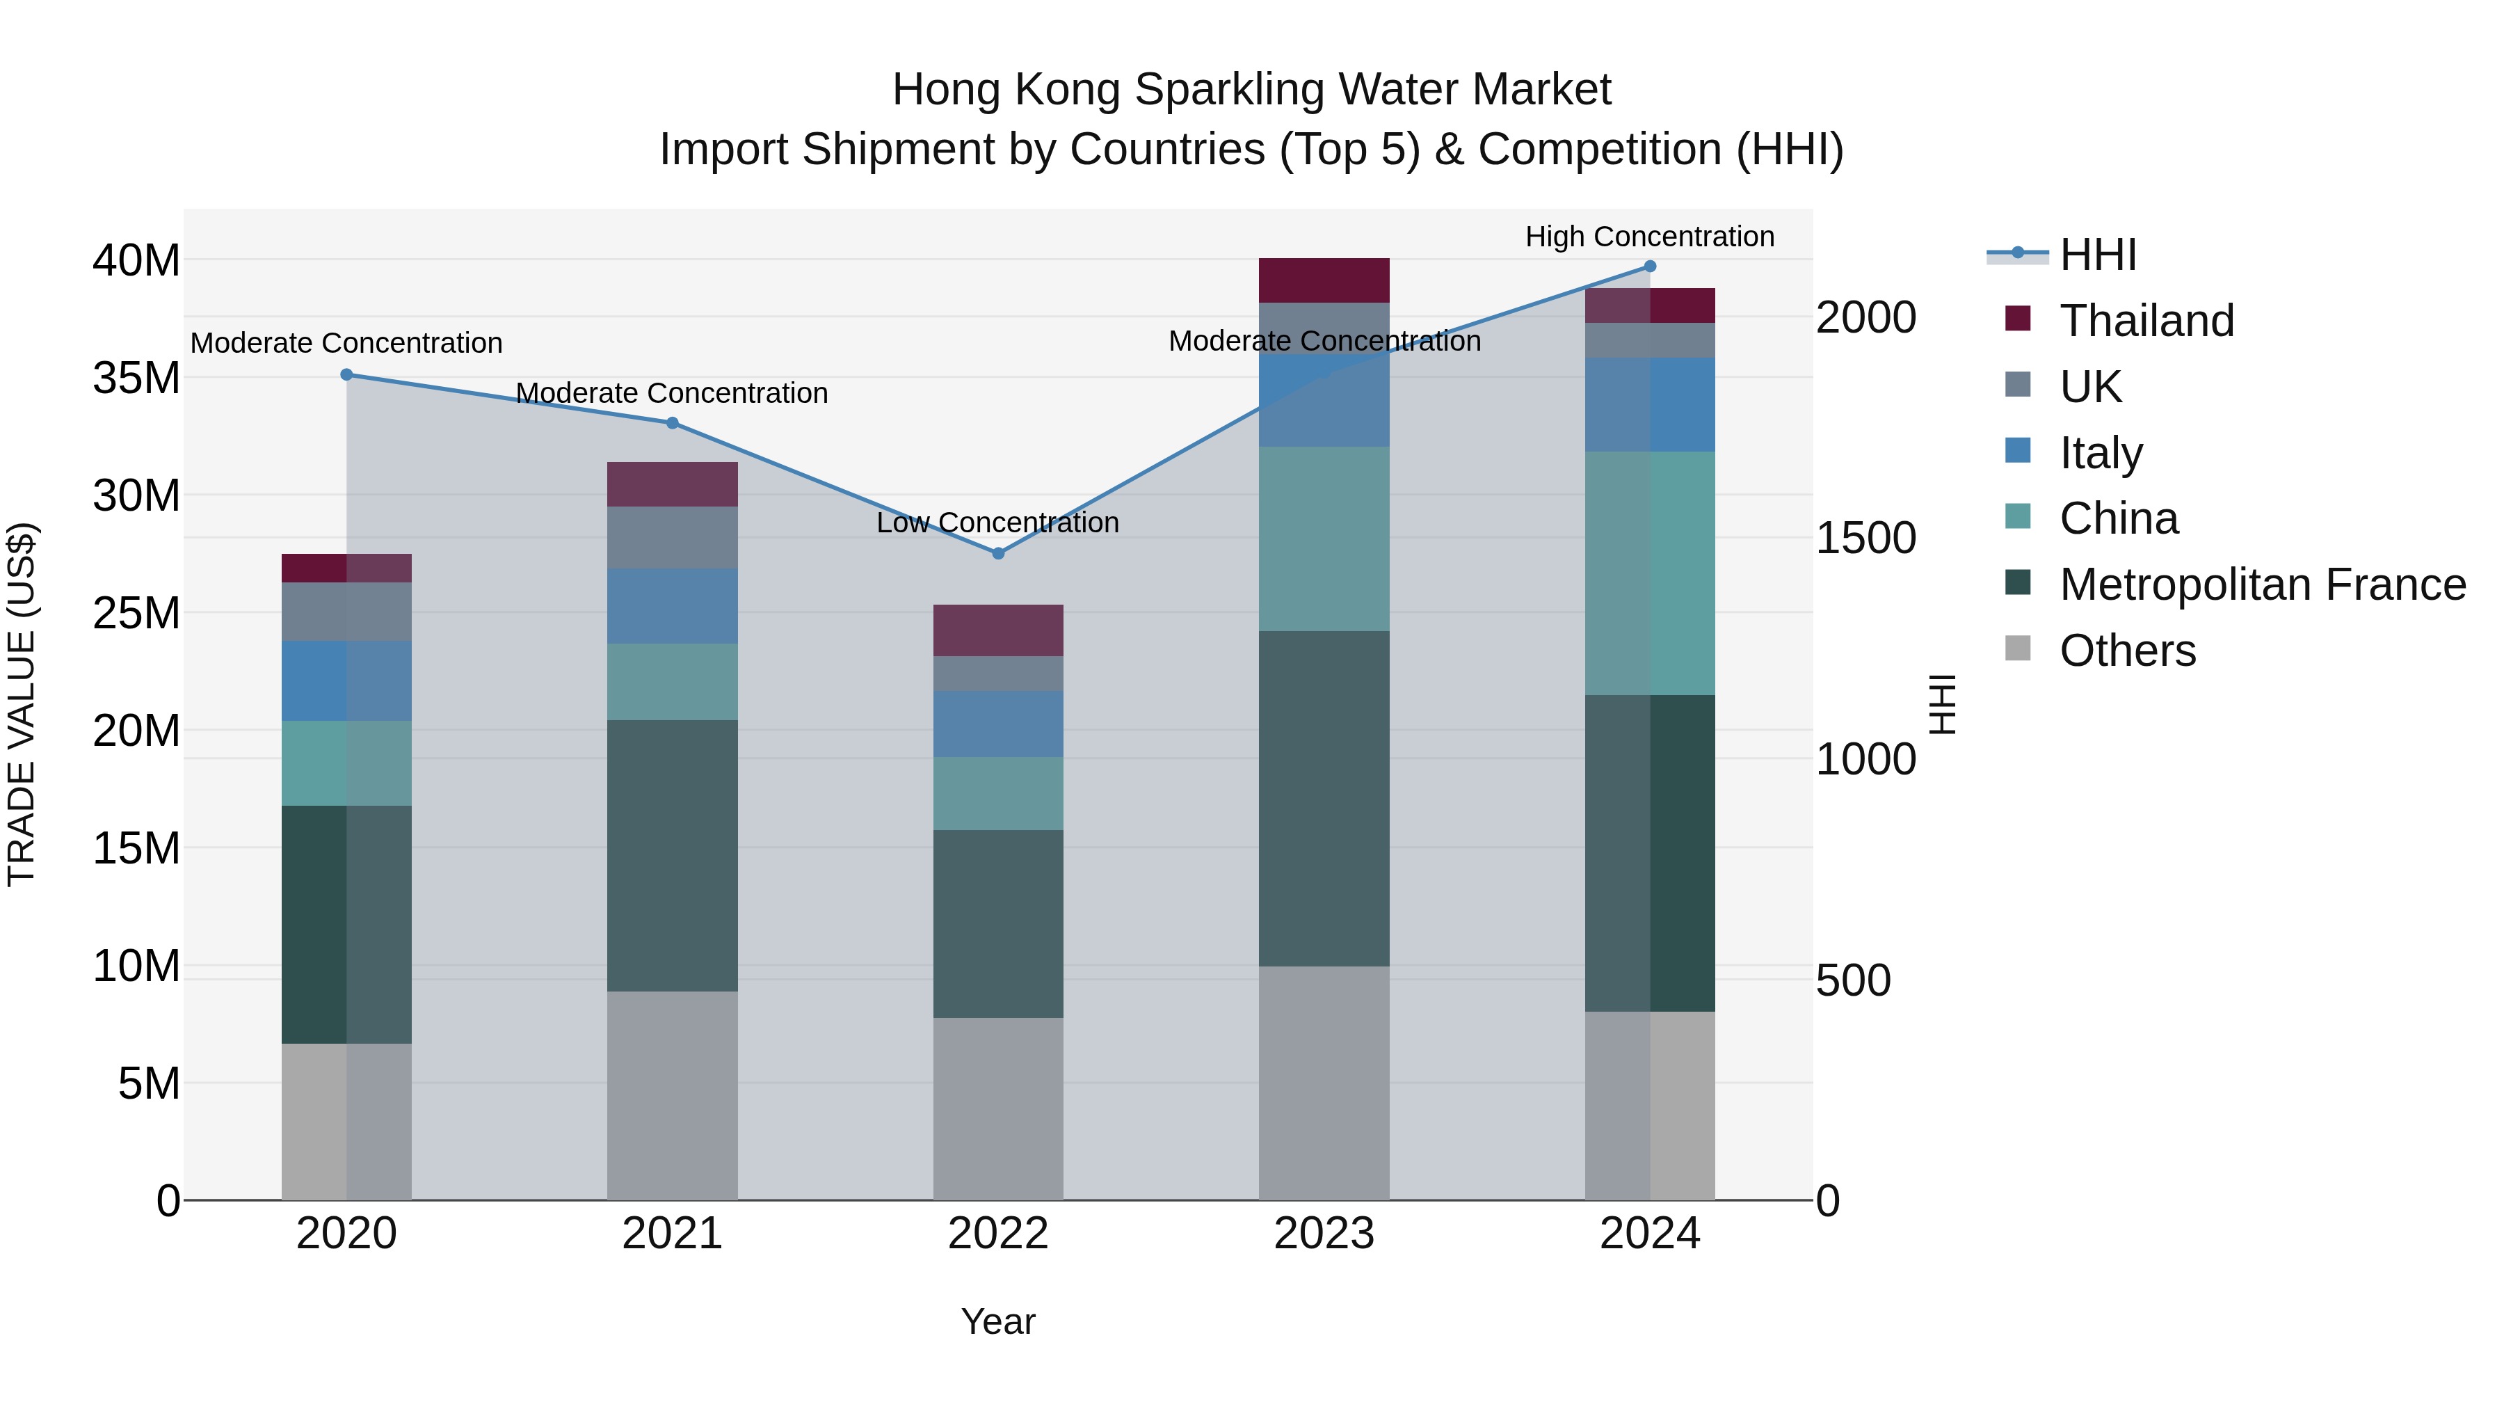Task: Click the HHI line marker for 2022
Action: [997, 553]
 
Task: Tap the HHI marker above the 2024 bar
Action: [1650, 266]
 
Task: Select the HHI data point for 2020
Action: [346, 374]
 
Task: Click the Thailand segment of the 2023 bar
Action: [1323, 280]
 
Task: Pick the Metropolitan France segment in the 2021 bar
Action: [672, 856]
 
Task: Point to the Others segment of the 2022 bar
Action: [997, 1108]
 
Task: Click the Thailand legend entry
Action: [2146, 321]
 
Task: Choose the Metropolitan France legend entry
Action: [2262, 584]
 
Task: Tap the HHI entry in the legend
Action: [2098, 255]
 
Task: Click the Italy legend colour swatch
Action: [2017, 451]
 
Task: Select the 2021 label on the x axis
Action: [672, 1234]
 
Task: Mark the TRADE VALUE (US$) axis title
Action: [22, 704]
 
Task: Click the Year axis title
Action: [997, 1321]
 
